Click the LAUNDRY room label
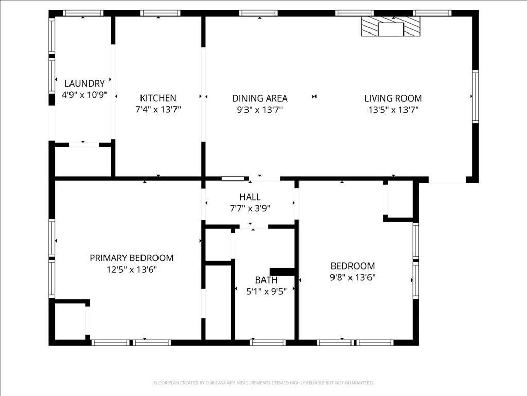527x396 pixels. [x=84, y=84]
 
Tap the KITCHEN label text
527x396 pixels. [x=158, y=98]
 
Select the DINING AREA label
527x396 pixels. [x=259, y=98]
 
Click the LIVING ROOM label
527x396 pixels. [x=393, y=98]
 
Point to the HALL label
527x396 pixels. [x=250, y=197]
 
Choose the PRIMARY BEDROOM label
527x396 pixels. [x=131, y=258]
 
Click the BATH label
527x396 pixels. [x=266, y=280]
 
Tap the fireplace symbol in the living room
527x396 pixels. [x=391, y=26]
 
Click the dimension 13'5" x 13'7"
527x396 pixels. [x=393, y=110]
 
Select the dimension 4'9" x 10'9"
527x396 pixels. [x=84, y=95]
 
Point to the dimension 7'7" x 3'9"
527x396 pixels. [x=250, y=208]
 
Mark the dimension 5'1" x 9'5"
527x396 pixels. [x=266, y=291]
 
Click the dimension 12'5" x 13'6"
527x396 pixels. [x=131, y=269]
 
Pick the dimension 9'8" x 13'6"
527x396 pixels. [x=353, y=278]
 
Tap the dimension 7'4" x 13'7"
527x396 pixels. [x=158, y=110]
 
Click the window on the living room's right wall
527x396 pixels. [x=475, y=96]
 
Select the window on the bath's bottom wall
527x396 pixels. [x=267, y=342]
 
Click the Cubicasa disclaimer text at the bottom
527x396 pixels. [x=263, y=383]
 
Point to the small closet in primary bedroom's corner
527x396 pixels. [x=69, y=321]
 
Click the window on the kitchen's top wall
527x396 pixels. [x=160, y=13]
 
